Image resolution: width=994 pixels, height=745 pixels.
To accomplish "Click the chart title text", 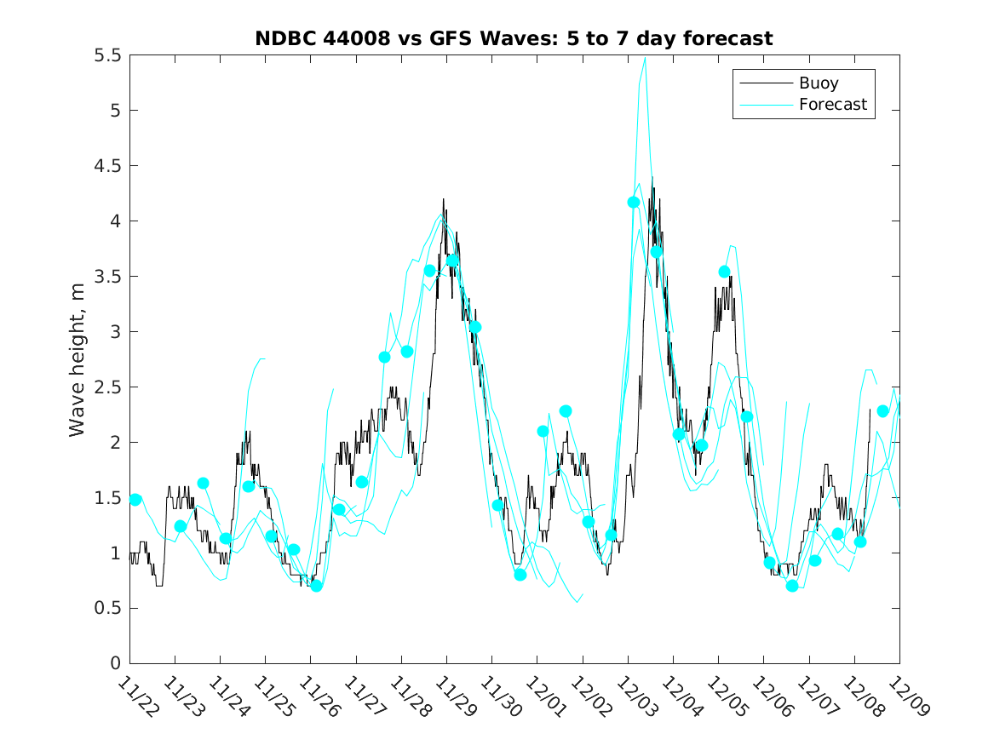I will [x=514, y=39].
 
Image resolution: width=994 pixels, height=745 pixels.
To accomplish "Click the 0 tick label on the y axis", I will [x=115, y=663].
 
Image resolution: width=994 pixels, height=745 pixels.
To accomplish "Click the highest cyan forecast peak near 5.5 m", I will [x=645, y=58].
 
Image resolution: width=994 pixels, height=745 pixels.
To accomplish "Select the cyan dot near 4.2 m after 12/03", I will [x=634, y=202].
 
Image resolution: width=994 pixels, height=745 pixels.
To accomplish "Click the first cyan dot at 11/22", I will [x=135, y=500].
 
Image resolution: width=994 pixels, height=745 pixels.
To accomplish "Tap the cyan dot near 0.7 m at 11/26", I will [x=316, y=586].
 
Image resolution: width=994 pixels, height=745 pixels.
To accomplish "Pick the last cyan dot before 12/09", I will [x=882, y=411].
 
